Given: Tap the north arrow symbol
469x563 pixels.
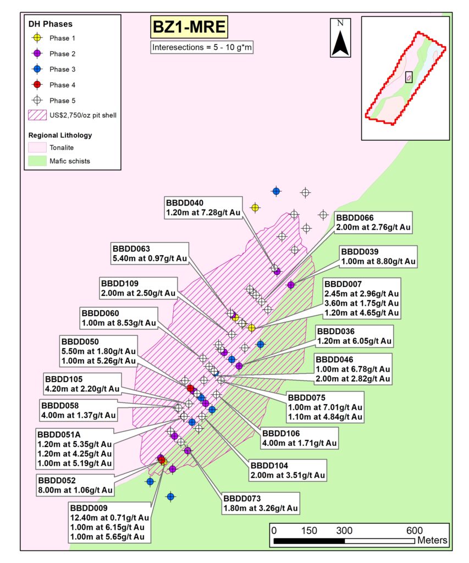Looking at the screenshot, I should click(x=340, y=38).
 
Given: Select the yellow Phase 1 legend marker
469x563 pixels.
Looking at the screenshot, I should click(x=37, y=38).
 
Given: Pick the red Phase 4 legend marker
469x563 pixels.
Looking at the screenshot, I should click(x=37, y=85).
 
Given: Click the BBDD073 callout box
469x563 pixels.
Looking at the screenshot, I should click(x=260, y=503).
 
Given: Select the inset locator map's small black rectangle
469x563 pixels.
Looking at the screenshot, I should click(x=409, y=77).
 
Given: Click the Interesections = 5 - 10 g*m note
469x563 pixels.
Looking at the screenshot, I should click(x=202, y=48).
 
